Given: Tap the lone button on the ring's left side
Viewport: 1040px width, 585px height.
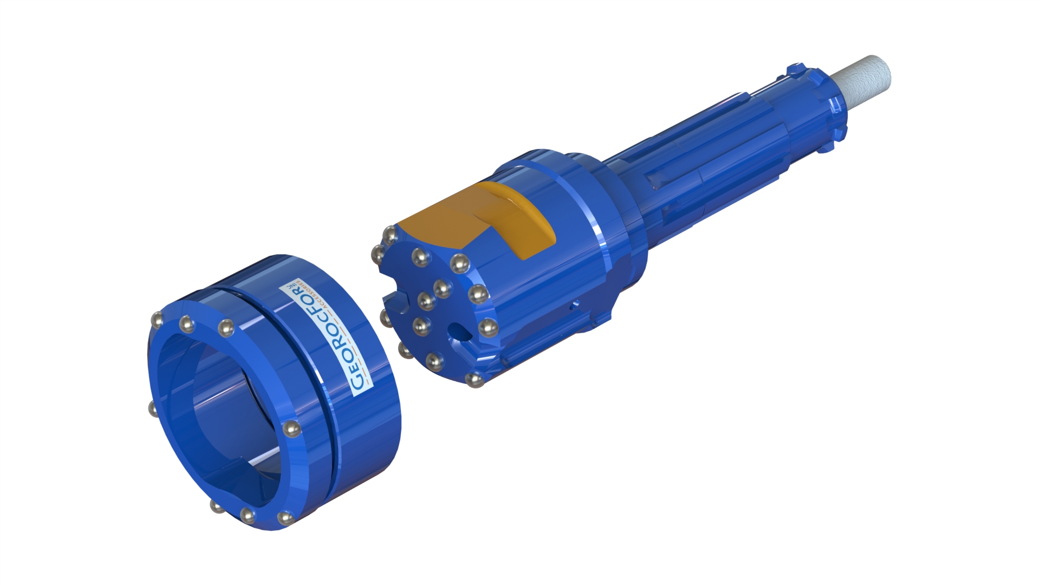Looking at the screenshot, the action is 153,409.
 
